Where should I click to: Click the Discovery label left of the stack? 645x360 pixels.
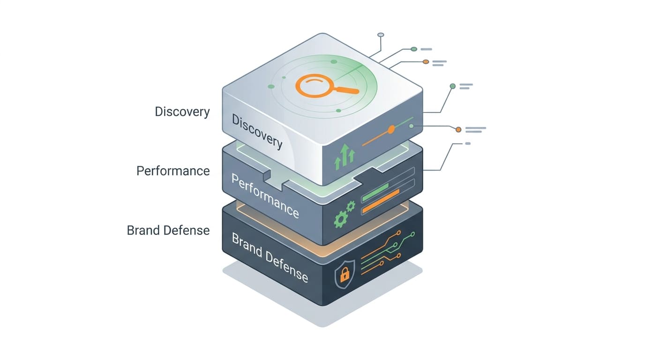click(182, 112)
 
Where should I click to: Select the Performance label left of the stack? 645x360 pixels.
click(173, 171)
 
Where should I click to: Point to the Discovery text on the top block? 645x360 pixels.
click(257, 131)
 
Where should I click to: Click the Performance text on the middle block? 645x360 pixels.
click(265, 196)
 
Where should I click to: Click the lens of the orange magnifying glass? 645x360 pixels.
click(315, 85)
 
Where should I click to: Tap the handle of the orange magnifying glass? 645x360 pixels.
click(347, 90)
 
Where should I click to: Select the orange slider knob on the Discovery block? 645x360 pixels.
click(391, 129)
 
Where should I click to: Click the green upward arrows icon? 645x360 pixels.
click(345, 157)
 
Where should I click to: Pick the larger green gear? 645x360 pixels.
click(341, 219)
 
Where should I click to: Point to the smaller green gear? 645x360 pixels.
click(351, 206)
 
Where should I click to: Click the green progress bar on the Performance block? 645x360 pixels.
click(375, 192)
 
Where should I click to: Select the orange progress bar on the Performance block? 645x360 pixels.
click(381, 201)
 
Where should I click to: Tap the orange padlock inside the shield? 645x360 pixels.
click(345, 275)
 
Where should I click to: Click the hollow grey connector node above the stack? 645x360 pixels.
click(381, 35)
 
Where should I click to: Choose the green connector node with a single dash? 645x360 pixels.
click(414, 49)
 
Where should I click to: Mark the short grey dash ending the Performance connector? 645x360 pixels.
click(468, 143)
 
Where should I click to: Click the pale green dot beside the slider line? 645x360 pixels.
click(412, 126)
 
